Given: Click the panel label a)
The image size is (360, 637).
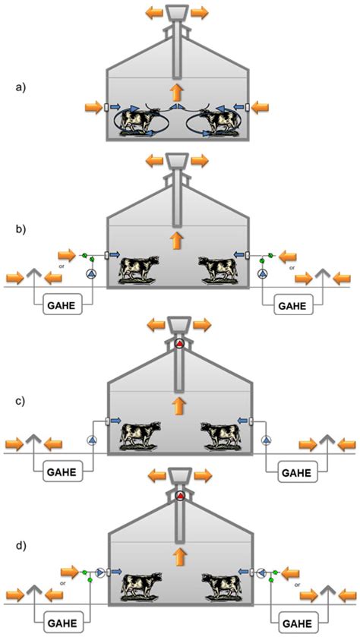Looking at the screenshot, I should pyautogui.click(x=20, y=87).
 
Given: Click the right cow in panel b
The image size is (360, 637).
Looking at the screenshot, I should pyautogui.click(x=219, y=269).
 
